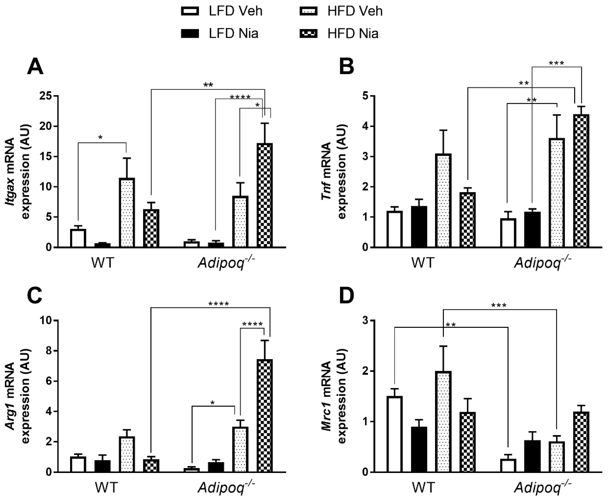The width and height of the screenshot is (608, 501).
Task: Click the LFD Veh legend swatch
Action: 190,11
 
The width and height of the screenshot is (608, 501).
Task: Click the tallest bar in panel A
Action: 265,195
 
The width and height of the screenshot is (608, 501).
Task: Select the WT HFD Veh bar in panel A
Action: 127,213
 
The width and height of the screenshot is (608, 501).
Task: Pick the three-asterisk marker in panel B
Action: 556,63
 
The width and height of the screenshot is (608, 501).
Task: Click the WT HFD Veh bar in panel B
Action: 444,201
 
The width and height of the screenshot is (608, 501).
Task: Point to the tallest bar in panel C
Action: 265,416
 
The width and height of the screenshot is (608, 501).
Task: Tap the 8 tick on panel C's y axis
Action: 49,351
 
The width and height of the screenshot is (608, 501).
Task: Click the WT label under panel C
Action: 106,488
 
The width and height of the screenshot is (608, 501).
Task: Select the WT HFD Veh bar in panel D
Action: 444,422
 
